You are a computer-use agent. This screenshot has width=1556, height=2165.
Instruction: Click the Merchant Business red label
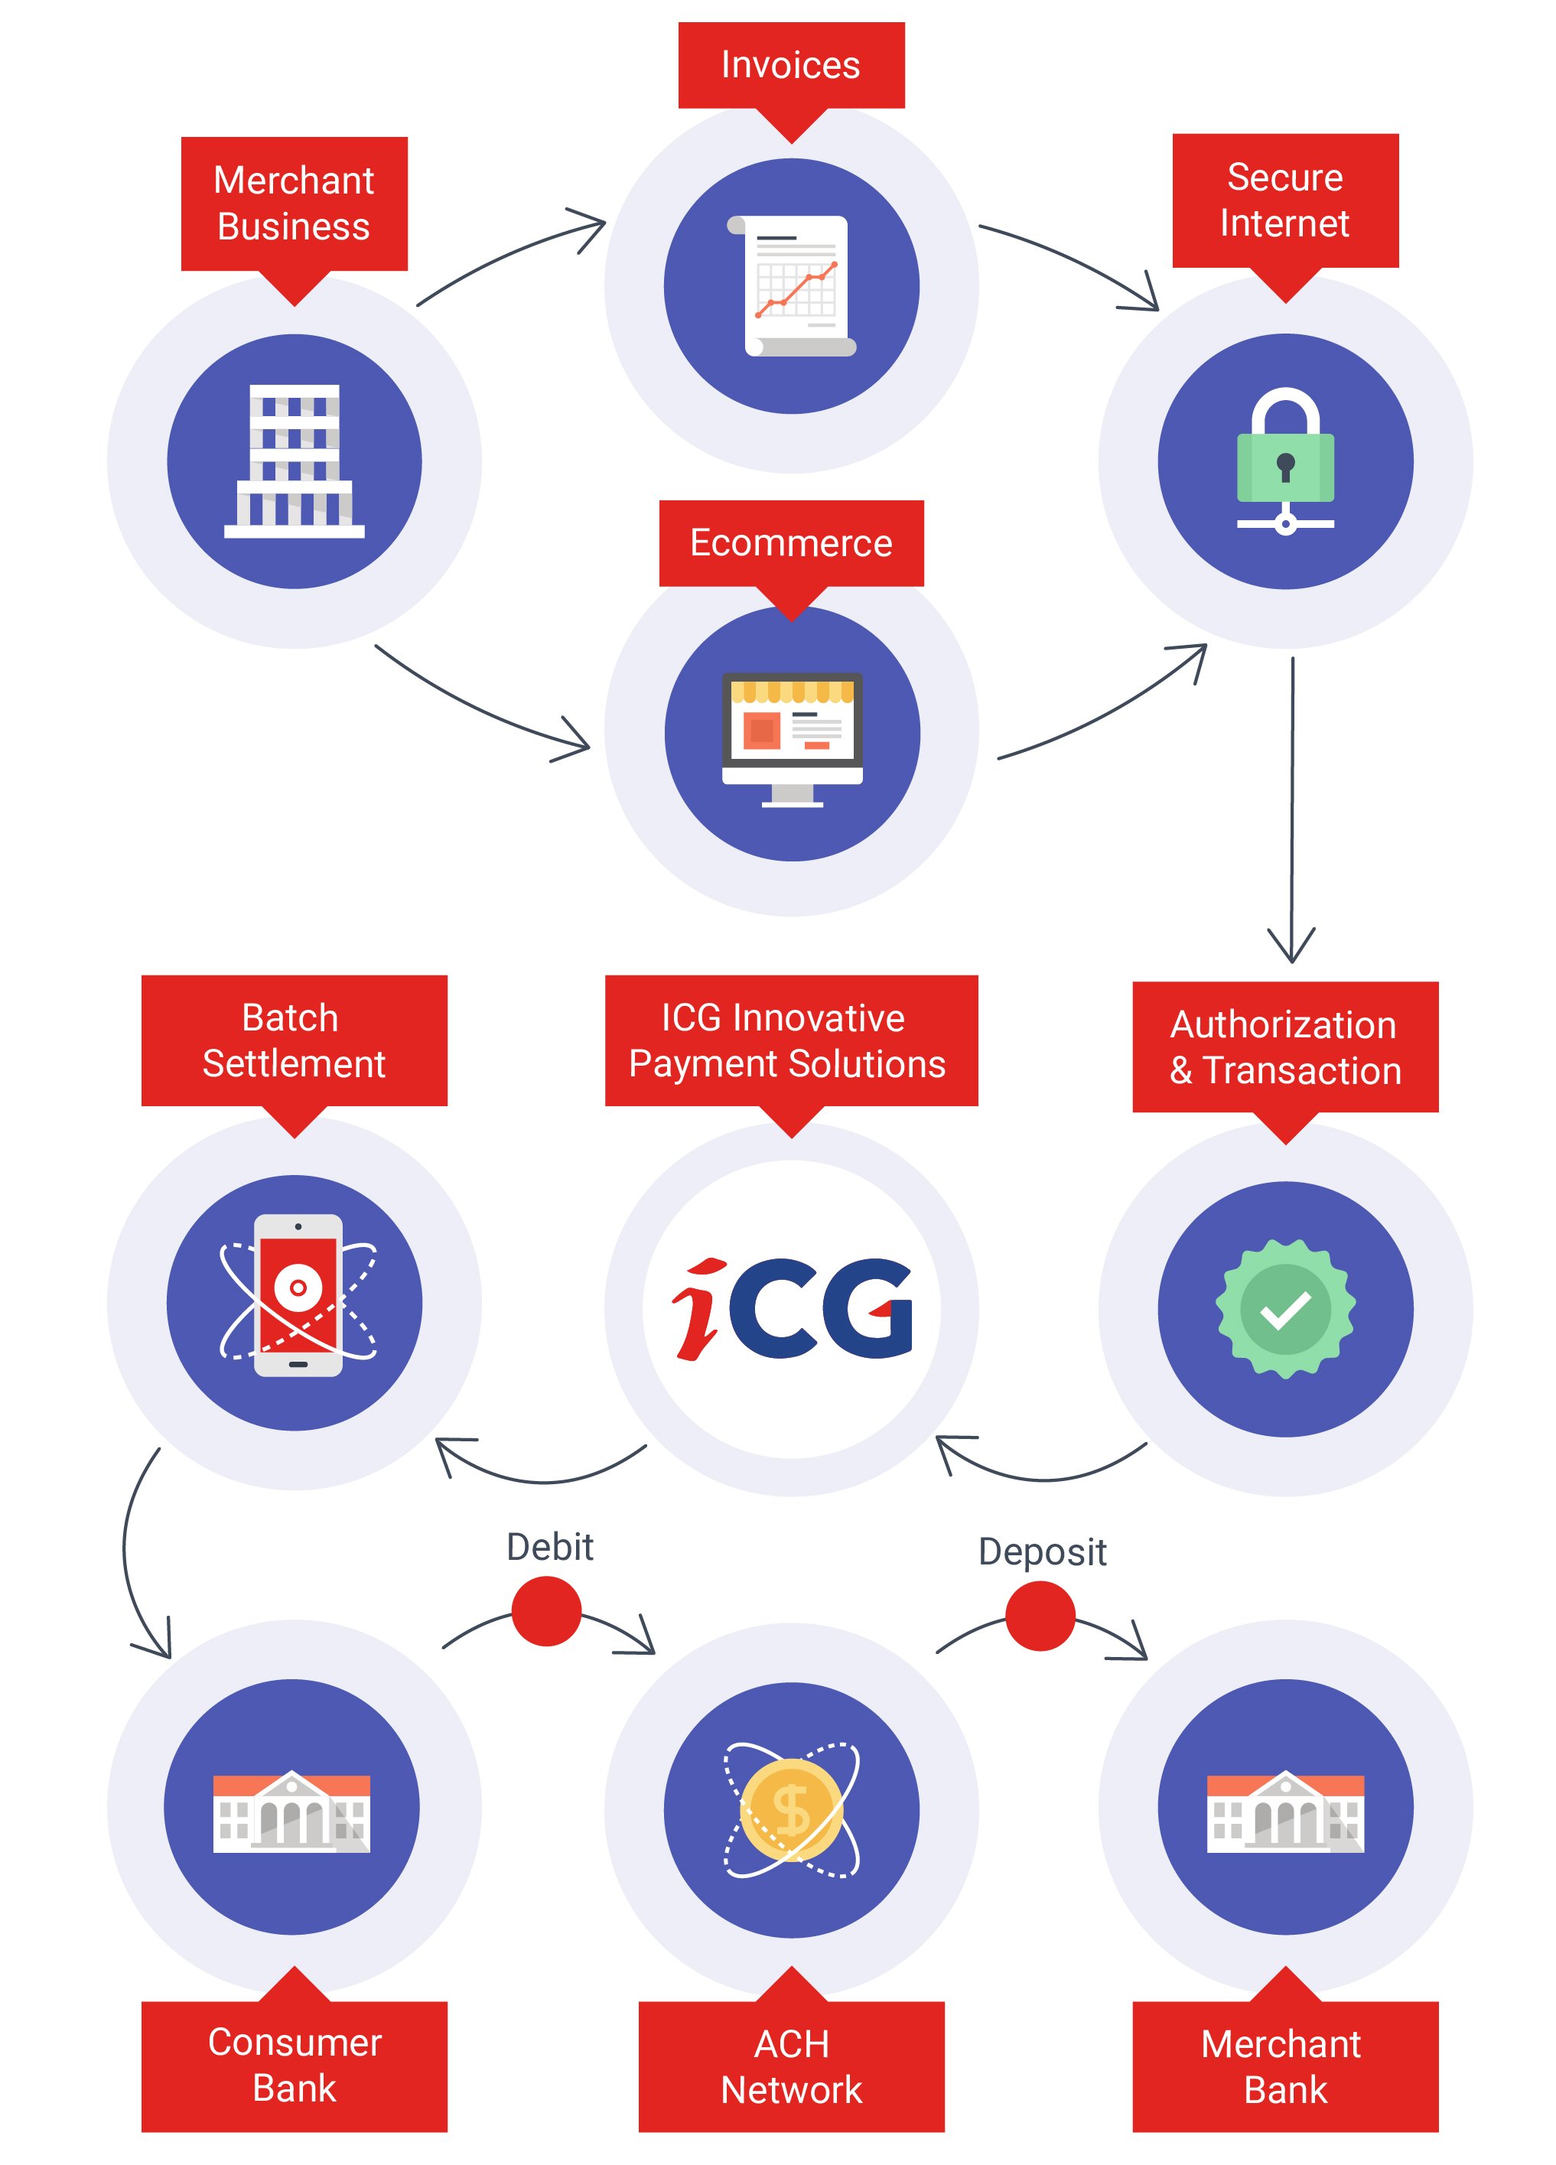pyautogui.click(x=294, y=203)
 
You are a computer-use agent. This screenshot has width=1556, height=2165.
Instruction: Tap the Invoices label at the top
pyautogui.click(x=790, y=65)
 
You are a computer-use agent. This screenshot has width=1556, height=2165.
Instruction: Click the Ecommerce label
pyautogui.click(x=790, y=542)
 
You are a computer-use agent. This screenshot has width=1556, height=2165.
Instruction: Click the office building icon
pyautogui.click(x=294, y=461)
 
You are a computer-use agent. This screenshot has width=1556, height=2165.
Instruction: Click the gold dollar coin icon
pyautogui.click(x=791, y=1809)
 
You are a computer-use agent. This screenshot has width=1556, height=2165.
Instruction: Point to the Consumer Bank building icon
pyautogui.click(x=291, y=1811)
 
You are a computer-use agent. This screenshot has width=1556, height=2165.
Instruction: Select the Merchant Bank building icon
pyautogui.click(x=1285, y=1811)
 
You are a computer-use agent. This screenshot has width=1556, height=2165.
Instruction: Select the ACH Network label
pyautogui.click(x=790, y=2066)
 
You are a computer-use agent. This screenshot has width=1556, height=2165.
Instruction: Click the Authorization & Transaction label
pyautogui.click(x=1285, y=1047)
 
